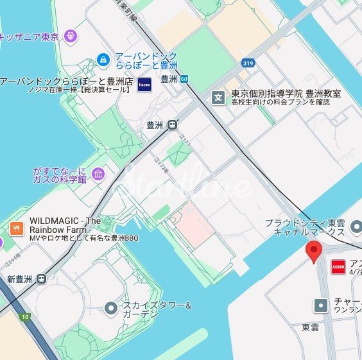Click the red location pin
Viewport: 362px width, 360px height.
click(313, 252)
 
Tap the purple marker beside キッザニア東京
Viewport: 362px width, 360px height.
click(71, 36)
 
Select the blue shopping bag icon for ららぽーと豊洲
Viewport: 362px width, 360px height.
click(103, 60)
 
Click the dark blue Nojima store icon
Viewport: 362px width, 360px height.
click(144, 84)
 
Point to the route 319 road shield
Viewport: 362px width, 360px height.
click(248, 63)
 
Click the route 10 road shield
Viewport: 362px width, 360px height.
click(24, 316)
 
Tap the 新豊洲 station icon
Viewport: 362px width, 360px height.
click(42, 279)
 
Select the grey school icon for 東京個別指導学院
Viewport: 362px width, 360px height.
click(219, 98)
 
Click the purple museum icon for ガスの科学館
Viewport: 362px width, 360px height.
click(98, 174)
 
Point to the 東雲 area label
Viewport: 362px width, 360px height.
click(310, 327)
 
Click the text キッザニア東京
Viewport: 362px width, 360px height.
click(29, 37)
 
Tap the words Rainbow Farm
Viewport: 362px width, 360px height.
click(58, 230)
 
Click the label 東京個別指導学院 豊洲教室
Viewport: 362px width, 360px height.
click(286, 93)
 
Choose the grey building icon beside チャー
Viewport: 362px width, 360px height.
click(320, 305)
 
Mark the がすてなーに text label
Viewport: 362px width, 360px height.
click(59, 171)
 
